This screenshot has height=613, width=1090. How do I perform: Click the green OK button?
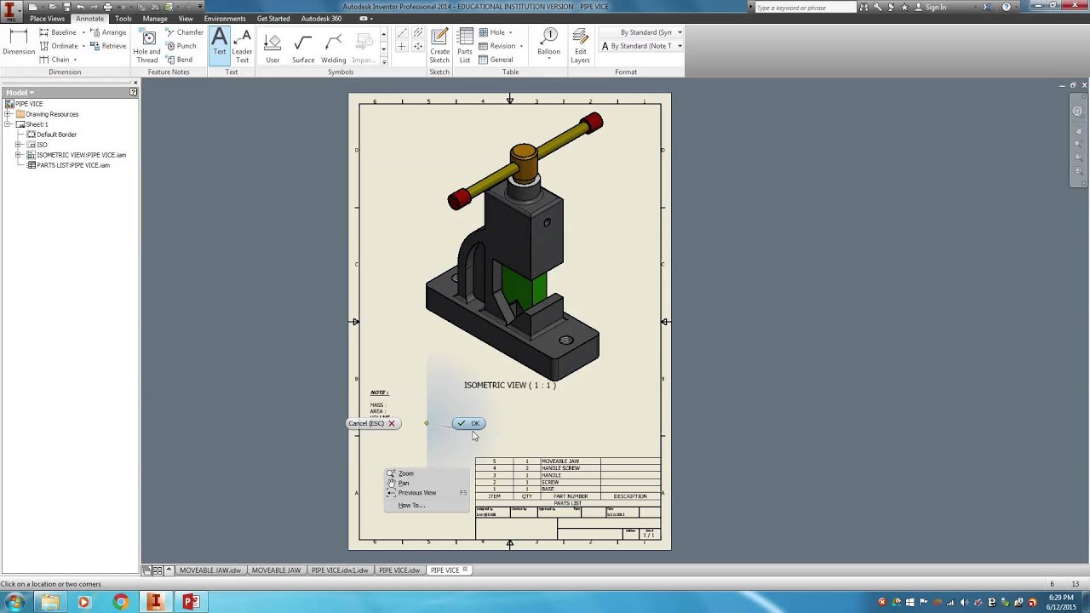[x=469, y=423]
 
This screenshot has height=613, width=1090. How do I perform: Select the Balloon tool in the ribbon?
[x=548, y=44]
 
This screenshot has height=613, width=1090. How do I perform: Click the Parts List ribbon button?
[x=465, y=44]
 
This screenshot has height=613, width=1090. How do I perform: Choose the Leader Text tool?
[x=242, y=44]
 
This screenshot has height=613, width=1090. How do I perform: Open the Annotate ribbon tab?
[x=89, y=19]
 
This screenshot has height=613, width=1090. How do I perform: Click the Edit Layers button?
[x=580, y=44]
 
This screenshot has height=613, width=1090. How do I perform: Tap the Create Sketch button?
[x=439, y=44]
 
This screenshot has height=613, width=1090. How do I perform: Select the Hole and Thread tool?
[x=147, y=44]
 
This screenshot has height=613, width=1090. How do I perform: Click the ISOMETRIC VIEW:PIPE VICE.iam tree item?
[x=81, y=155]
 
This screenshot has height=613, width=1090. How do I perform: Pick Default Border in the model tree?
[x=56, y=135]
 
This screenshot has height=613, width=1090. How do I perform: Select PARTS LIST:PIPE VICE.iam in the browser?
[x=72, y=165]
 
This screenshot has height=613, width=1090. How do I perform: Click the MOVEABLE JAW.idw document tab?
[x=209, y=570]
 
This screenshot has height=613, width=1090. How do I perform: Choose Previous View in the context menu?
[x=416, y=493]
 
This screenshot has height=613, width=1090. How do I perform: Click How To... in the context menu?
[x=410, y=506]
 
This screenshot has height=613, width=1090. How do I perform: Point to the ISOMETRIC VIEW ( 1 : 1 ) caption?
[x=509, y=385]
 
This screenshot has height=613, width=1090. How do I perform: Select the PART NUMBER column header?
[x=570, y=496]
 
